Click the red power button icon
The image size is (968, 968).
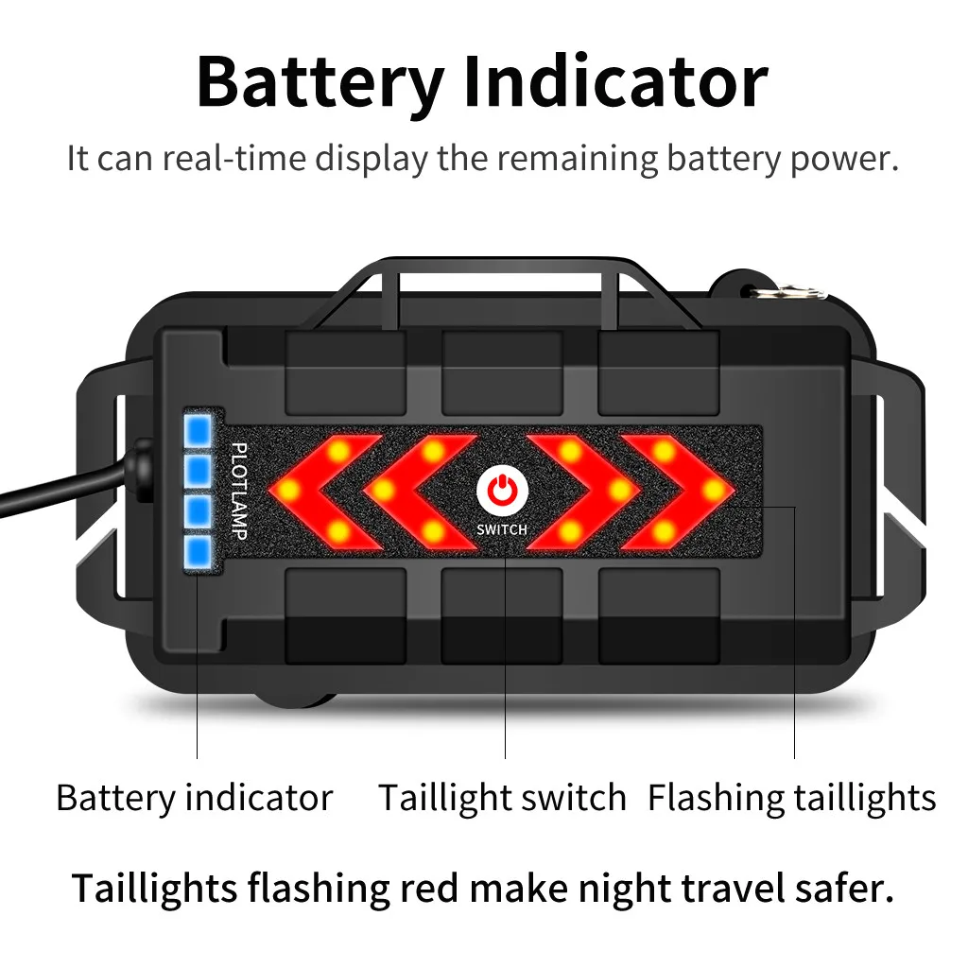[x=503, y=492]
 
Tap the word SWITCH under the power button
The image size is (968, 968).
[x=502, y=529]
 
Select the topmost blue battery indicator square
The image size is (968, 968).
[x=199, y=430]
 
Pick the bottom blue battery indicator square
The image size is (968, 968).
[x=199, y=551]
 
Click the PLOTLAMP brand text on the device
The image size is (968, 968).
[x=239, y=491]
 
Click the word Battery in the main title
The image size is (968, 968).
[x=320, y=83]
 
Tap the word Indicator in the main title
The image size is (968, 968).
[x=616, y=82]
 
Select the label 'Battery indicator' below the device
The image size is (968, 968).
[x=195, y=797]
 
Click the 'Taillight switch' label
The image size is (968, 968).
[x=502, y=798]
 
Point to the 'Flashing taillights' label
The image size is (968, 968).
[x=792, y=798]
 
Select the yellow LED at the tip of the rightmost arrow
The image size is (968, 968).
[x=715, y=491]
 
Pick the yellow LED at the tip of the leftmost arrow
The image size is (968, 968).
[x=288, y=491]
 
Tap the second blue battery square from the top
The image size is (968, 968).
[x=199, y=471]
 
